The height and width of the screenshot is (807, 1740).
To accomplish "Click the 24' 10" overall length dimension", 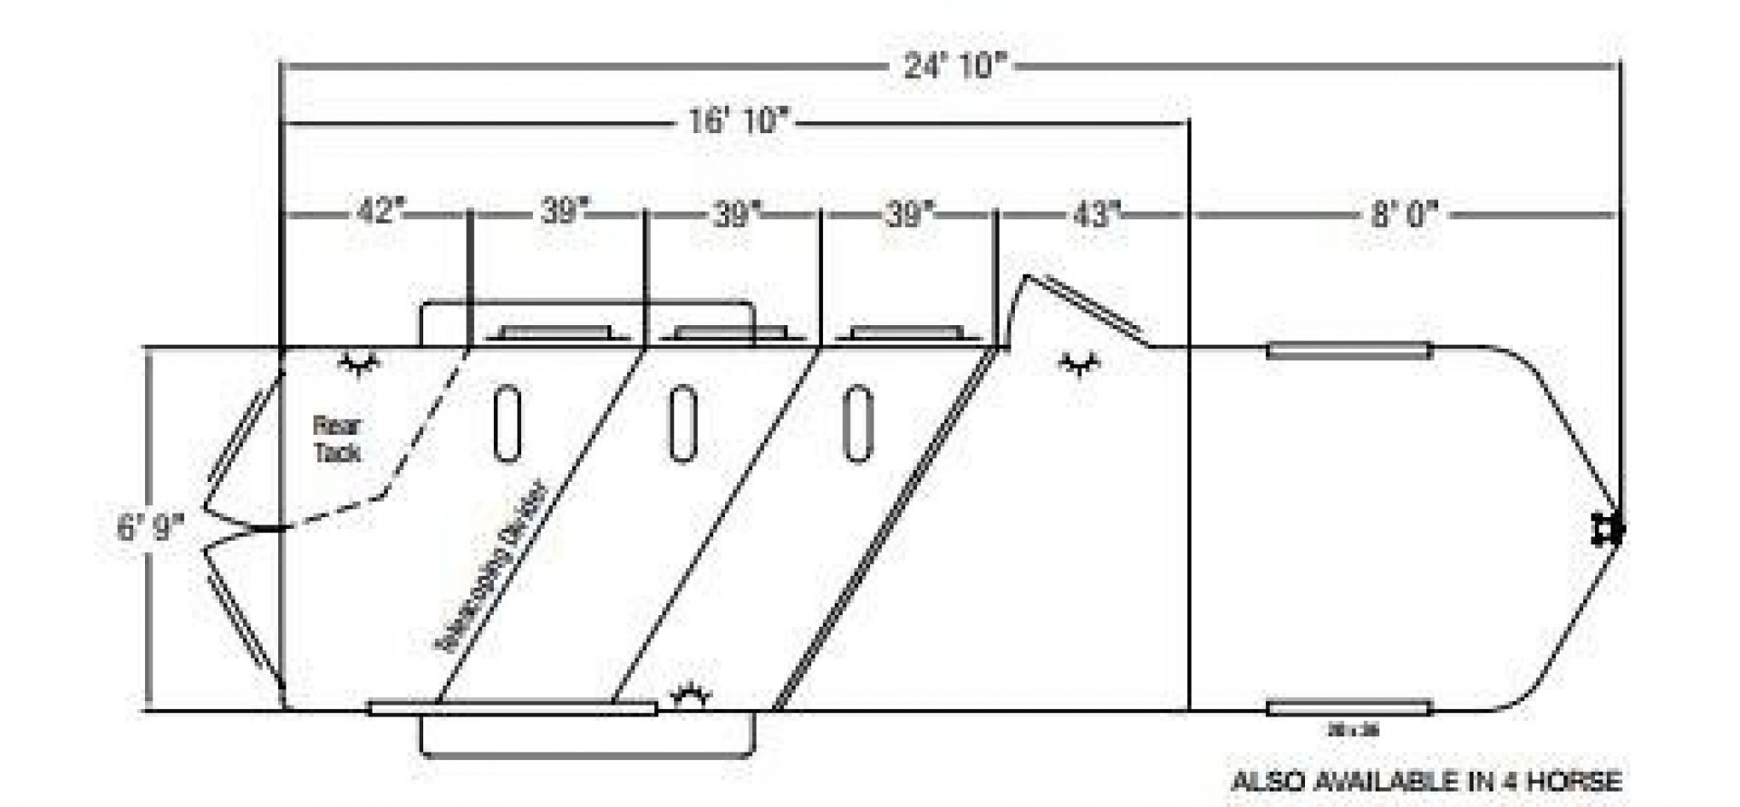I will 955,66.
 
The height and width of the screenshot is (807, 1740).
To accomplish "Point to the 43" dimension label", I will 1096,215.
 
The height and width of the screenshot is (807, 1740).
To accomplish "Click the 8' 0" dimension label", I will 1404,216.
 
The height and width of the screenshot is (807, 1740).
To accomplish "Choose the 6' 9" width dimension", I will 150,527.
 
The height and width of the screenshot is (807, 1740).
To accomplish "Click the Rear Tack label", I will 337,438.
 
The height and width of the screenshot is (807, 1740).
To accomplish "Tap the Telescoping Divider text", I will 494,567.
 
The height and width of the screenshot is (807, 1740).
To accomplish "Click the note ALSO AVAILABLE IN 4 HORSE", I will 1426,780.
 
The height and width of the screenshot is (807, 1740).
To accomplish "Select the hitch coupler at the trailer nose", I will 1609,530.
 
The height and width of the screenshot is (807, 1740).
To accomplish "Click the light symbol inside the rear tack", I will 360,364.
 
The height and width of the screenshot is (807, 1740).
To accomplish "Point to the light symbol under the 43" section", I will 1078,364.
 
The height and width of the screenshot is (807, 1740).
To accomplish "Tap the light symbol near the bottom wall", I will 691,695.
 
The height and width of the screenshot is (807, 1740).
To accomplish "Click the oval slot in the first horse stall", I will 507,423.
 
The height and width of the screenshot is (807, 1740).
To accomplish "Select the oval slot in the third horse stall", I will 857,423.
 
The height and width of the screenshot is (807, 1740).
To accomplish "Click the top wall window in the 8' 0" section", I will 1348,351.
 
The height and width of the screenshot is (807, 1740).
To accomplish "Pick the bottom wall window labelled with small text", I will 1348,708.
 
